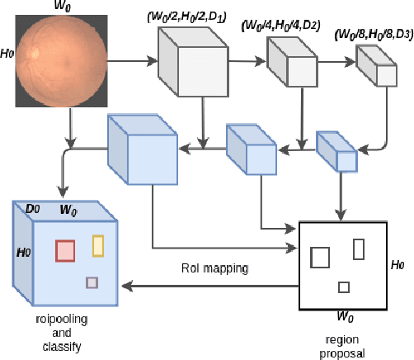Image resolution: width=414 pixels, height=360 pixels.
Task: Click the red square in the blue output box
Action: [x=65, y=250]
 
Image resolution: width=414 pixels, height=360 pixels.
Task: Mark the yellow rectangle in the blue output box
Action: [x=98, y=246]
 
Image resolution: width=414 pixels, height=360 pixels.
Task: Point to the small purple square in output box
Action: [x=92, y=283]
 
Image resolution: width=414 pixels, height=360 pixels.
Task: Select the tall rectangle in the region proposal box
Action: [x=359, y=249]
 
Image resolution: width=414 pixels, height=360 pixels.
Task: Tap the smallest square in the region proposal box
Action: [x=344, y=287]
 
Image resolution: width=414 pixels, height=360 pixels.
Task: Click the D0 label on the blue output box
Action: [x=32, y=210]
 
